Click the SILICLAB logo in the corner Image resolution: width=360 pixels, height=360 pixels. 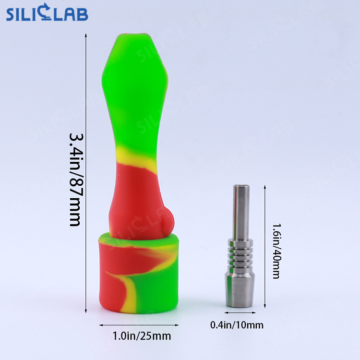coord(47,14)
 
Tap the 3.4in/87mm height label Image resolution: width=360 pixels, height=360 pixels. coord(75,180)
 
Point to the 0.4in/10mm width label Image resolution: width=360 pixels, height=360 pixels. coord(237,325)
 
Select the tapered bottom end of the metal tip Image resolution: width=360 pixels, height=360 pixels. coord(239,293)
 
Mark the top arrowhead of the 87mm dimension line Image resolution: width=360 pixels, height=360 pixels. coord(86,35)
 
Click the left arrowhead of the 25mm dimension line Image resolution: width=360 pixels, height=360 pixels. coord(101,325)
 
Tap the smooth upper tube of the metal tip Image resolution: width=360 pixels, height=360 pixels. coord(239,211)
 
